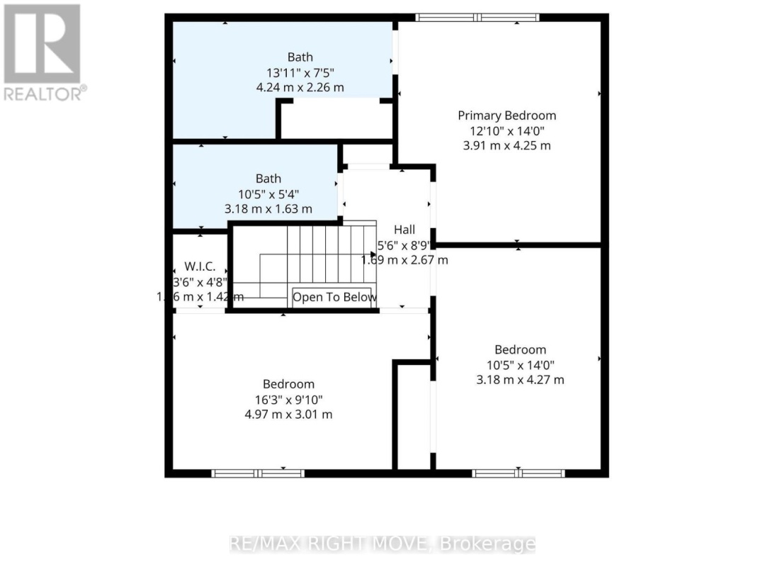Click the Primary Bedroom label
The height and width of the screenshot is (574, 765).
(x=506, y=116)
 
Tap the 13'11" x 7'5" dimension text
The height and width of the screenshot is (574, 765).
(x=300, y=72)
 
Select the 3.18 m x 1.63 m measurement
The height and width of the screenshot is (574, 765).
(x=268, y=209)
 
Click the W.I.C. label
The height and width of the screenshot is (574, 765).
(x=200, y=267)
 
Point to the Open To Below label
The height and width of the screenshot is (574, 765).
(x=334, y=297)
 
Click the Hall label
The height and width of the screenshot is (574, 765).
(x=404, y=230)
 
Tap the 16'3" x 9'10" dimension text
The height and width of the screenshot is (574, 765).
(x=288, y=399)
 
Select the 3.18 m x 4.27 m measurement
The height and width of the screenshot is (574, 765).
(x=520, y=380)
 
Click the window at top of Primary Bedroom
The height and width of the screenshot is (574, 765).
(x=477, y=18)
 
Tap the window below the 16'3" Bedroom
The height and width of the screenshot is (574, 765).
(x=258, y=473)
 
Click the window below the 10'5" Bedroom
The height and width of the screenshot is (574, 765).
(x=518, y=473)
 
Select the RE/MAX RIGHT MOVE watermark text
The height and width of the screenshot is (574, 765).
(x=382, y=544)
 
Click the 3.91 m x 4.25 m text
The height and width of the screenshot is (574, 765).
(x=506, y=146)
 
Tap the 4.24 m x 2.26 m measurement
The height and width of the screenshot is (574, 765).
(x=300, y=88)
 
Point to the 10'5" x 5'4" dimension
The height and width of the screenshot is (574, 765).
(x=268, y=193)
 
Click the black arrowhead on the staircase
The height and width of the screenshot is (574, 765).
(x=373, y=254)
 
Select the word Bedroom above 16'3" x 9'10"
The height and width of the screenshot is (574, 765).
(x=288, y=384)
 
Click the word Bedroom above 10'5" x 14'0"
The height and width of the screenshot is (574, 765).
(x=520, y=349)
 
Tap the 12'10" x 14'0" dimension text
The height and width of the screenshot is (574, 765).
(x=506, y=131)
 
